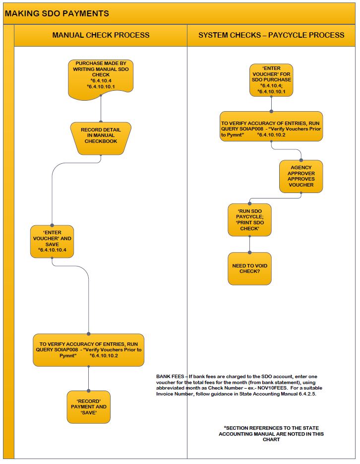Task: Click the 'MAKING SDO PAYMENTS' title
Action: coord(57,13)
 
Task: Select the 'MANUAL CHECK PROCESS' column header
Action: coord(101,35)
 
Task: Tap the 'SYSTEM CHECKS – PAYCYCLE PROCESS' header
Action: coord(271,35)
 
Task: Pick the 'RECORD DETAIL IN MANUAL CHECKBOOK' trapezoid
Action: coord(101,138)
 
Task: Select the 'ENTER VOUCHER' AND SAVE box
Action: coord(52,242)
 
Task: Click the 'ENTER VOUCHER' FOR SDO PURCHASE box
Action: coord(271,80)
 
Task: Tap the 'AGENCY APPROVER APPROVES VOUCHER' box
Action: coord(301,176)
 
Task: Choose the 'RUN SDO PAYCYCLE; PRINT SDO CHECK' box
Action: coord(249,220)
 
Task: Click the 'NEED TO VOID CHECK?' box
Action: coord(249,268)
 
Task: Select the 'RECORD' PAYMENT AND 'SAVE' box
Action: coord(88,407)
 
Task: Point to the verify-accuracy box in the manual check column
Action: coord(88,350)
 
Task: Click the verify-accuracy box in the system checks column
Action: coord(271,127)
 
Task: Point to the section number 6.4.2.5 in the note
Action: coord(307,394)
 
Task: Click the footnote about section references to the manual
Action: coord(271,434)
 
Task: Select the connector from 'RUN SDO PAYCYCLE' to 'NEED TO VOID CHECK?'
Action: coord(250,245)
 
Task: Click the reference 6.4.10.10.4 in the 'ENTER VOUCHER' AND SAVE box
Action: coord(53,250)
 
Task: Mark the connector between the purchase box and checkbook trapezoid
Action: coord(101,109)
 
